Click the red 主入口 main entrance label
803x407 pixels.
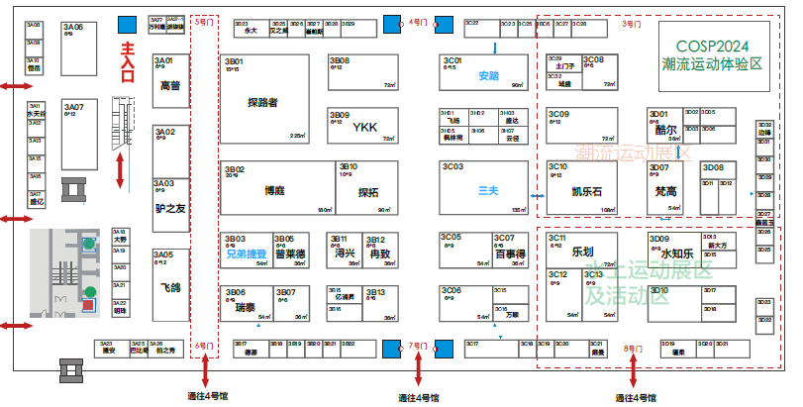pyautogui.click(x=127, y=68)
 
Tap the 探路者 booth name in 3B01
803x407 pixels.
pyautogui.click(x=262, y=102)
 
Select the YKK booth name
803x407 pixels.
pyautogui.click(x=364, y=127)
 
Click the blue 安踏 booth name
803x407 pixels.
pyautogui.click(x=488, y=75)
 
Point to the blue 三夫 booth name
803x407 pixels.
pyautogui.click(x=488, y=190)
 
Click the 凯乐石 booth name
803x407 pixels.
pyautogui.click(x=587, y=191)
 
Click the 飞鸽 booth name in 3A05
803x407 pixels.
pyautogui.click(x=170, y=287)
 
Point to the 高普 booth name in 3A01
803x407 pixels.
pyautogui.click(x=170, y=86)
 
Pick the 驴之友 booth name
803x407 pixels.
pyautogui.click(x=170, y=208)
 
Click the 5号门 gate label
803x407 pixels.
pyautogui.click(x=203, y=21)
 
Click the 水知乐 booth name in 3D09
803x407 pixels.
pyautogui.click(x=676, y=254)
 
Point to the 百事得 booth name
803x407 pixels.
pyautogui.click(x=509, y=254)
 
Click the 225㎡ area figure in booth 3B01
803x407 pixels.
pyautogui.click(x=297, y=136)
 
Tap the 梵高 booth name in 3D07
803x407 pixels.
pyautogui.click(x=666, y=191)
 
